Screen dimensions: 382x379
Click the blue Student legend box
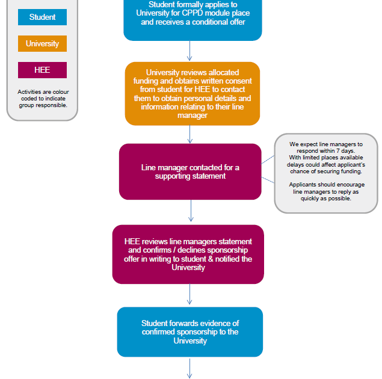pyautogui.click(x=42, y=17)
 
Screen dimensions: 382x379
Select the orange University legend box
pyautogui.click(x=42, y=43)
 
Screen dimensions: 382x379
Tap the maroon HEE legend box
pyautogui.click(x=42, y=70)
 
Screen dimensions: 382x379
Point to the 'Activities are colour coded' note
pyautogui.click(x=43, y=99)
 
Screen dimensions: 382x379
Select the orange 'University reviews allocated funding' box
pyautogui.click(x=193, y=94)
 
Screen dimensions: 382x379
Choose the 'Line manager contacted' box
pyautogui.click(x=190, y=171)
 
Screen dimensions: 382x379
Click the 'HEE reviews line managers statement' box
pyautogui.click(x=188, y=254)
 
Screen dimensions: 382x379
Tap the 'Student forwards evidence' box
pyautogui.click(x=190, y=332)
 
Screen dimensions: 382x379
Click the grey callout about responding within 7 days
pyautogui.click(x=326, y=173)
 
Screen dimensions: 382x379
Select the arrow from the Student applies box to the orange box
pyautogui.click(x=189, y=51)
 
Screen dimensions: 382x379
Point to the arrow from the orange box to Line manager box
pyautogui.click(x=189, y=134)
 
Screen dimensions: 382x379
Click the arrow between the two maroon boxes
pyautogui.click(x=191, y=211)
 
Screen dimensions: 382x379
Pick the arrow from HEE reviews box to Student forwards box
pyautogui.click(x=189, y=294)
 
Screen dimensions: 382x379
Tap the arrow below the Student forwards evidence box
pyautogui.click(x=189, y=368)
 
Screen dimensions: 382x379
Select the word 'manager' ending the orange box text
pyautogui.click(x=193, y=116)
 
